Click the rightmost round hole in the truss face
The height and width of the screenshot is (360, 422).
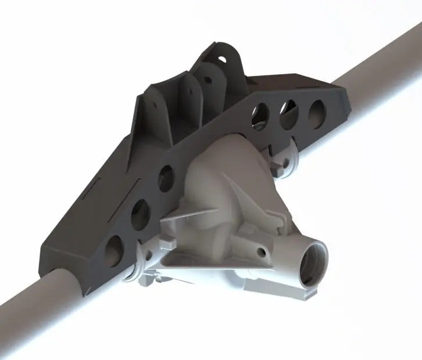click(x=317, y=109)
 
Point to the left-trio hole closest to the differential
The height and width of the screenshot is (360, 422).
click(x=166, y=175)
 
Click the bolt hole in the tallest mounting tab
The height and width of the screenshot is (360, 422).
click(x=223, y=58)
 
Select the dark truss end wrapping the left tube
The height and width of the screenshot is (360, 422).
click(x=64, y=255)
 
